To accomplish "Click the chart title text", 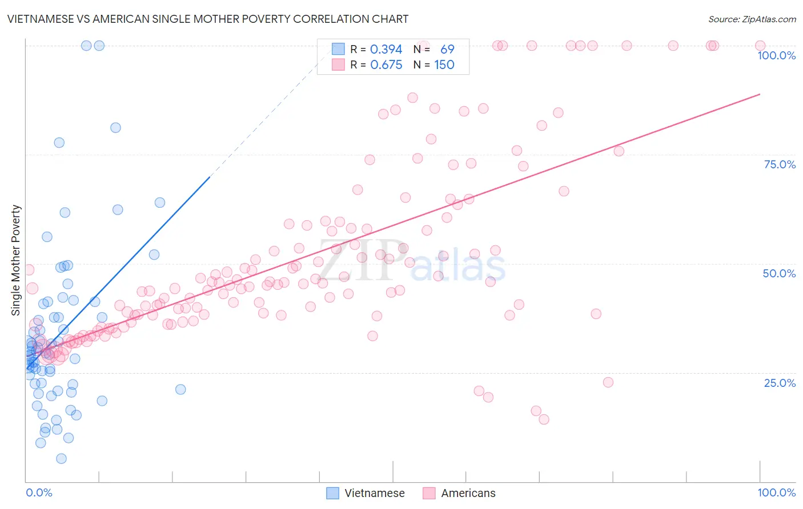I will point(208,19).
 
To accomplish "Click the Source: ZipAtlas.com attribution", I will point(752,19).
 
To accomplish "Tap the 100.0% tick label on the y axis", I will point(776,55).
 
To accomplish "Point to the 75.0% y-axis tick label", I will point(780,164).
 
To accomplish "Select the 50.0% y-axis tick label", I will point(779,273).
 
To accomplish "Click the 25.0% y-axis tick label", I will point(780,383).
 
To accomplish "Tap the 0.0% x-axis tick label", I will point(39,492).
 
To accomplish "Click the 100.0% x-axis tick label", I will point(776,492).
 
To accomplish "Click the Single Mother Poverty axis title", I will point(16,260).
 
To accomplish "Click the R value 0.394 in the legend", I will point(386,50).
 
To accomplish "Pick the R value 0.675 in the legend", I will point(386,65).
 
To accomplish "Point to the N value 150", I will point(444,65).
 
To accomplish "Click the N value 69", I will point(447,50).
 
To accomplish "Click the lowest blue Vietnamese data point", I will point(61,459).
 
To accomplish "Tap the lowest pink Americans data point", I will point(544,419).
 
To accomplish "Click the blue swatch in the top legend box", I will point(339,50).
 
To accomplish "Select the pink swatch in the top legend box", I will point(339,65).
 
